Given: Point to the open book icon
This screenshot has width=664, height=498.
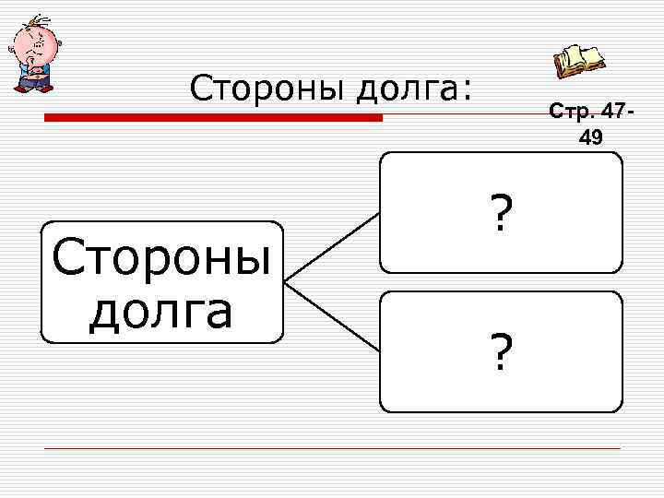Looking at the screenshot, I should [x=579, y=62].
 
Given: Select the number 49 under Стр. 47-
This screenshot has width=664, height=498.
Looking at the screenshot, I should [x=590, y=137].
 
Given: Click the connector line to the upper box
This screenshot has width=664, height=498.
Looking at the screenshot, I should [x=332, y=246].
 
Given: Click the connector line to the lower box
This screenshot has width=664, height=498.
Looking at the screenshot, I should [x=332, y=316].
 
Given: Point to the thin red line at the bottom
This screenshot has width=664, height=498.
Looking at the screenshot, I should [x=332, y=449].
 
